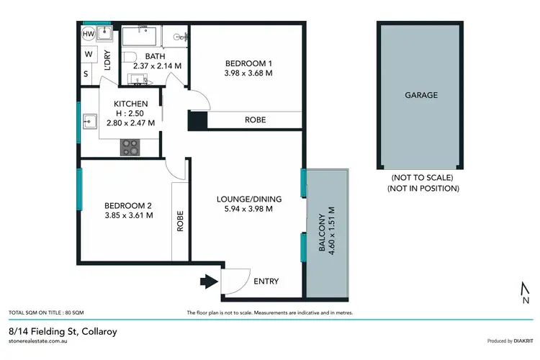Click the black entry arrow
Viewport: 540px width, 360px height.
[208, 282]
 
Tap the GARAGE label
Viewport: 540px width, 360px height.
[420, 95]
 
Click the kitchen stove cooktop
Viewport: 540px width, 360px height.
[130, 146]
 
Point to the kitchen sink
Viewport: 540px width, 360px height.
[91, 121]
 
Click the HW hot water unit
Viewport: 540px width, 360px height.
[89, 34]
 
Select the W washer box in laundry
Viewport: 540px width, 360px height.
[89, 54]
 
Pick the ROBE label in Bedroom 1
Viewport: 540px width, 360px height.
[255, 120]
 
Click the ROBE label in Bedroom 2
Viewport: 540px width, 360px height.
[180, 220]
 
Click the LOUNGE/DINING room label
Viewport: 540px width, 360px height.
[249, 199]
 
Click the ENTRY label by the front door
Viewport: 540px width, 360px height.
[266, 282]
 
